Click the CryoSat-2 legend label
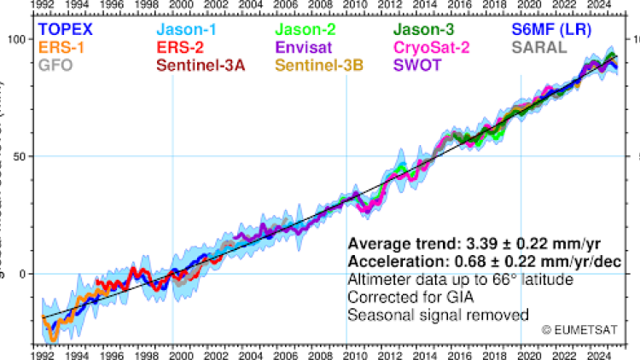pos(431,47)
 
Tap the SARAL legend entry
pos(539,47)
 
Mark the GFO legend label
pos(57,66)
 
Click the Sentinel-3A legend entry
pos(201,66)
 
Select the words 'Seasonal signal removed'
pos(438,316)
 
